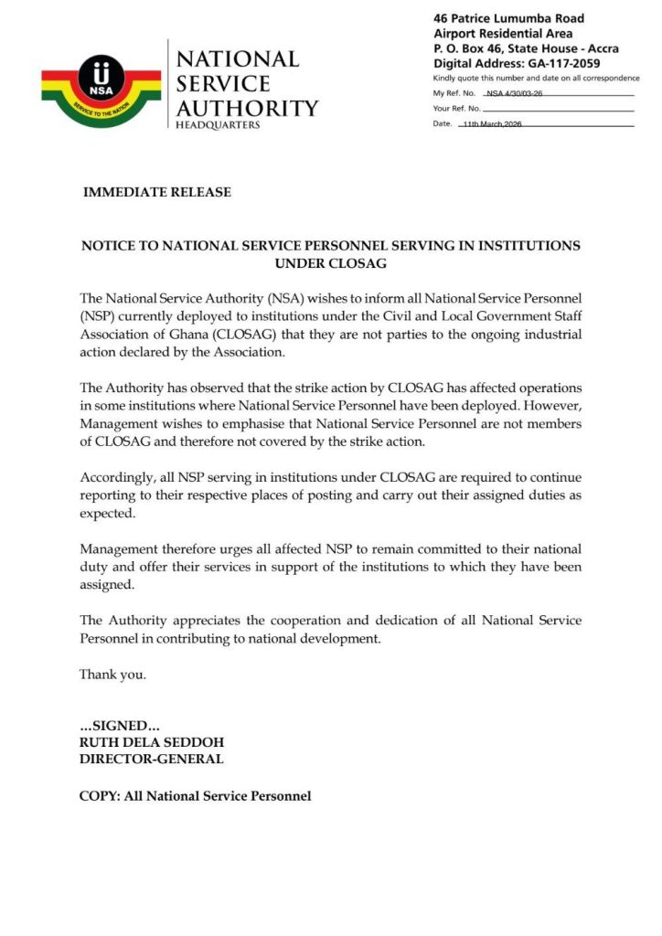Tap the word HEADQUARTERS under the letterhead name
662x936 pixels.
(218, 125)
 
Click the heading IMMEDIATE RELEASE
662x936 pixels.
(157, 193)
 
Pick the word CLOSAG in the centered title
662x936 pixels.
(331, 263)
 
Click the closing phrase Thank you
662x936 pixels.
(112, 675)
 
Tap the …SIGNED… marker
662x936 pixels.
(121, 726)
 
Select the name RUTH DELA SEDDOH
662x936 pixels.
(152, 742)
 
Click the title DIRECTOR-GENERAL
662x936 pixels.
(151, 760)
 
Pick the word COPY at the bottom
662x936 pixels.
(98, 796)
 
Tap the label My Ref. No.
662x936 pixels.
(453, 94)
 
